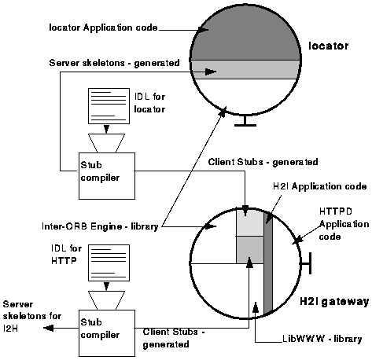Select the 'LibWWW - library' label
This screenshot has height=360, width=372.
[321, 340]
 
